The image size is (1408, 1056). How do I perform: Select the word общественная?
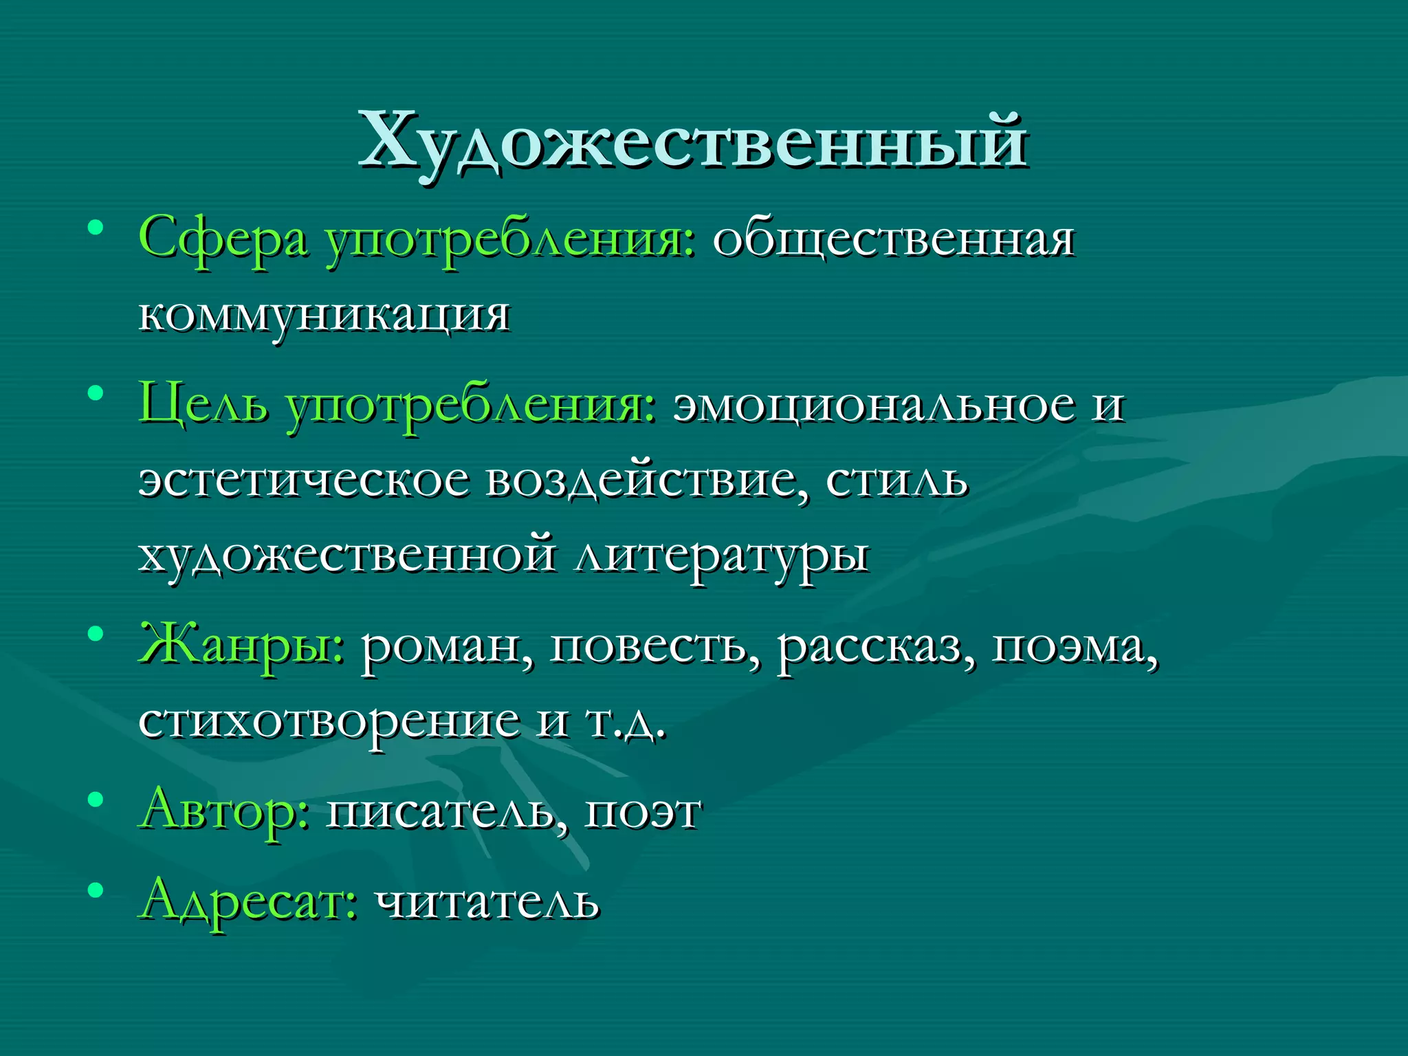893,239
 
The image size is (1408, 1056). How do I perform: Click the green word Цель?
203,403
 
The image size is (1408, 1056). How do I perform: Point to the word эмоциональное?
872,404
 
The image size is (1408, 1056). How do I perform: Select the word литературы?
722,555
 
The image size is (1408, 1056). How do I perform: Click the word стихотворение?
329,722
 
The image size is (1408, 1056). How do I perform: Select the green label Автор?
224,811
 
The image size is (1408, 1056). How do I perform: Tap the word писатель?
448,812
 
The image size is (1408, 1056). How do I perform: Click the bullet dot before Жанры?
96,632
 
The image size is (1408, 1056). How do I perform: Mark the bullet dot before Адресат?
96,890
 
